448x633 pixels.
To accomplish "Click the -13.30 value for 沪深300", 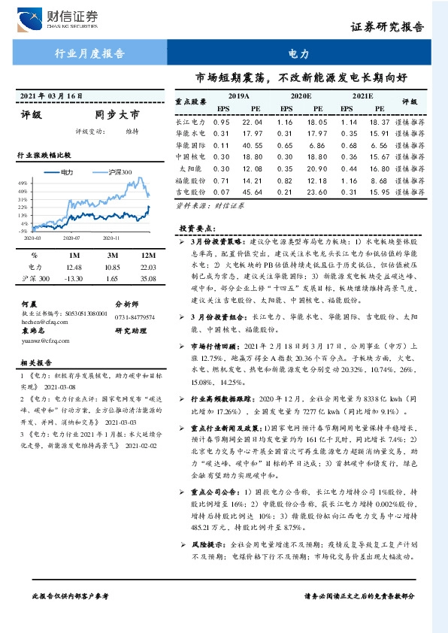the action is [x=72, y=279].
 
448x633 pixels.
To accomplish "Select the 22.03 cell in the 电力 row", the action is [x=147, y=267].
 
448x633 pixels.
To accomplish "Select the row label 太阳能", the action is [x=195, y=169].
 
